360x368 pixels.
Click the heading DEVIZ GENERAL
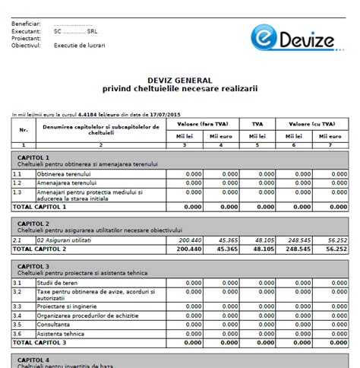pos(180,80)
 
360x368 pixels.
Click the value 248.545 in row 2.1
pos(302,240)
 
